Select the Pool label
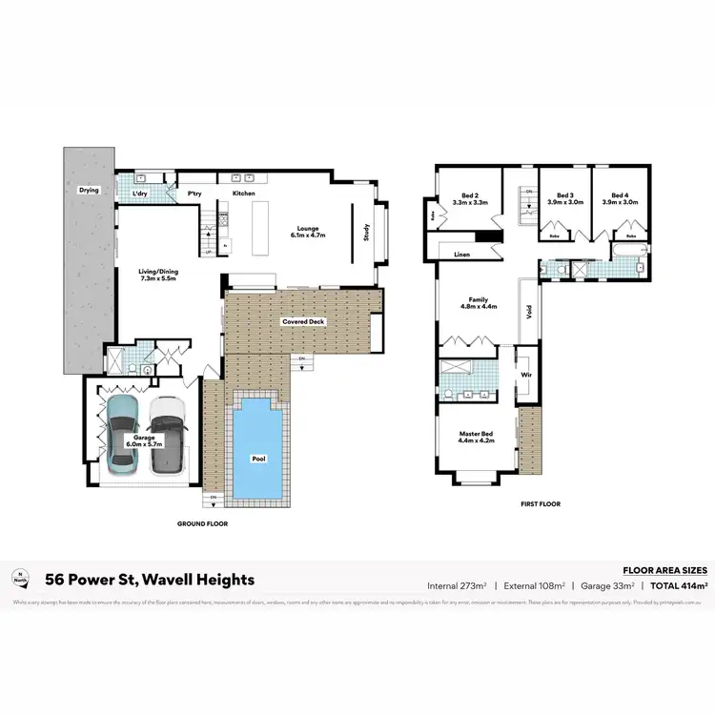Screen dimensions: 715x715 click(x=259, y=459)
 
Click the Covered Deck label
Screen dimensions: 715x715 click(x=303, y=322)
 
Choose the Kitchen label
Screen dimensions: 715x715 click(x=244, y=194)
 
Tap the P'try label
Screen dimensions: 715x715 click(x=195, y=194)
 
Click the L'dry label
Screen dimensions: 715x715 click(x=140, y=194)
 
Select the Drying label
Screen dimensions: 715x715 click(x=89, y=190)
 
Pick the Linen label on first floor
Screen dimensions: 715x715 click(x=462, y=255)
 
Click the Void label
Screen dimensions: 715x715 click(x=527, y=310)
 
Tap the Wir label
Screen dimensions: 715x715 click(x=525, y=375)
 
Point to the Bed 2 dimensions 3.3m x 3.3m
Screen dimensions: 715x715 click(x=470, y=202)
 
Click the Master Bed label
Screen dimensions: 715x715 click(x=477, y=434)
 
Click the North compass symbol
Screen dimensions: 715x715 click(x=18, y=576)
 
